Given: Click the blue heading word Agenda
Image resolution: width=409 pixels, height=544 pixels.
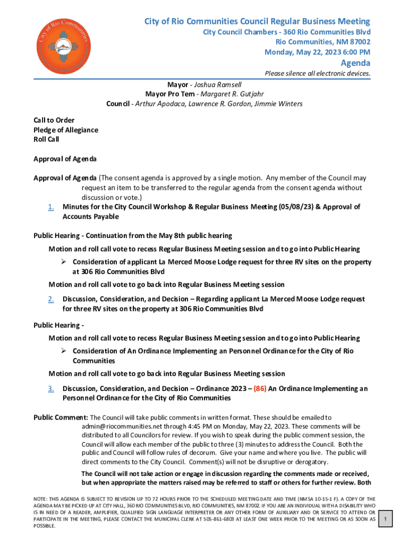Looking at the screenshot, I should (x=355, y=63).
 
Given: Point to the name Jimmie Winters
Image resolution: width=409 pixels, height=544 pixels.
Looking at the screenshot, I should (x=281, y=104).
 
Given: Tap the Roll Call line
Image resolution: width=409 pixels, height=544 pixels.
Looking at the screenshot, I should (x=46, y=139).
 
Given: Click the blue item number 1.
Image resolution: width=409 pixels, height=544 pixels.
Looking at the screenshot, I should (x=50, y=207).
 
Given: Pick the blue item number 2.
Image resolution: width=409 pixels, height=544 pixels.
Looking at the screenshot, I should (x=50, y=299).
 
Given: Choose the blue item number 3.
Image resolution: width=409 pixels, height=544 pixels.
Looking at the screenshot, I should (x=50, y=388).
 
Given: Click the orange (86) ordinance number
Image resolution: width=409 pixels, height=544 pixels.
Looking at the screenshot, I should (x=260, y=388).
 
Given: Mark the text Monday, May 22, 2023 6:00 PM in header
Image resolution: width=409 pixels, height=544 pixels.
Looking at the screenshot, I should (x=317, y=52).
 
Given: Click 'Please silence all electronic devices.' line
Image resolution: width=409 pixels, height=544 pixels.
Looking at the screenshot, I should (x=317, y=73).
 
